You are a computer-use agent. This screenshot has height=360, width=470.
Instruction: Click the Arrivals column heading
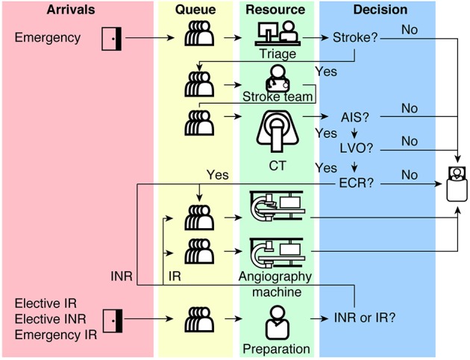pos(71,10)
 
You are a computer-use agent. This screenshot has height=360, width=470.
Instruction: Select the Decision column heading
pos(380,10)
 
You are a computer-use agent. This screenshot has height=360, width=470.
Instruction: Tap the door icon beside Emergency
pos(111,39)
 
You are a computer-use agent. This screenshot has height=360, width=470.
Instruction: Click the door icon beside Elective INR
pos(113,320)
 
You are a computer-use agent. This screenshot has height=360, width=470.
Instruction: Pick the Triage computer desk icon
pos(278,34)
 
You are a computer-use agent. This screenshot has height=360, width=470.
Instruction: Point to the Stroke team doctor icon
pos(278,78)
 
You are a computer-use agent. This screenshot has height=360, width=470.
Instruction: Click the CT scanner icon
pos(278,132)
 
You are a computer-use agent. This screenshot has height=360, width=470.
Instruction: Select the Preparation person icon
pos(278,323)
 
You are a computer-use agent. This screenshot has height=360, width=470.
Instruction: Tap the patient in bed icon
pos(457,184)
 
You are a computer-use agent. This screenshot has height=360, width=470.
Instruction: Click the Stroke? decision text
pos(356,38)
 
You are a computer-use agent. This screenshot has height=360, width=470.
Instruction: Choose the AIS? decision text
pos(355,118)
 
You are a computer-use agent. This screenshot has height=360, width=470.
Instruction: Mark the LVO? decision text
pos(356,148)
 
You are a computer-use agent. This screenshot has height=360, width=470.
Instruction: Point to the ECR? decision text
pos(357,183)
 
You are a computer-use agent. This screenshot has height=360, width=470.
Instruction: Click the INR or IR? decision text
pos(365,318)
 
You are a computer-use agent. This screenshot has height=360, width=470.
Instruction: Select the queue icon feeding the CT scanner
pos(199,123)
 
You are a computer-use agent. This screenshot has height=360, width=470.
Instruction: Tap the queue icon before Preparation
pos(199,320)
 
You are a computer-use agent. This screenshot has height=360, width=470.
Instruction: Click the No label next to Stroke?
pos(410,30)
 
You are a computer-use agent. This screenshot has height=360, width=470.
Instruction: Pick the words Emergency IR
pos(56,335)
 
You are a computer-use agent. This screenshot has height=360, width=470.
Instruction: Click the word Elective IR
pos(46,303)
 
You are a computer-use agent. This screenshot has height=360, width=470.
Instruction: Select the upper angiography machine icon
pos(277,206)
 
